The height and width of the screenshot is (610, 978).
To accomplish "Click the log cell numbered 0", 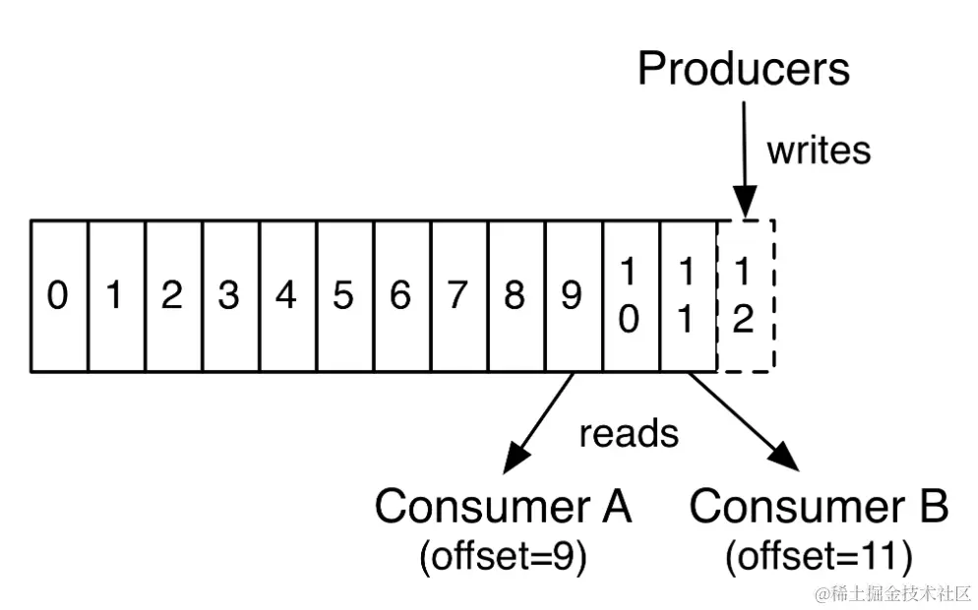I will (x=59, y=296).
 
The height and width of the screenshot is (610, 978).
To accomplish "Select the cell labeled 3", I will (x=230, y=296).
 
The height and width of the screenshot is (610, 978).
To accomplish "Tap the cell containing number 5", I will (x=344, y=296).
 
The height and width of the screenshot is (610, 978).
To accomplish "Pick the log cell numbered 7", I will (x=458, y=296).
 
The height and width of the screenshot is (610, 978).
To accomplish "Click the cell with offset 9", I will (x=573, y=296).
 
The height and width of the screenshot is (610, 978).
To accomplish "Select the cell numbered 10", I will (x=630, y=296).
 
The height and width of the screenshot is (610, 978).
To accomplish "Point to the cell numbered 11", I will (x=687, y=296).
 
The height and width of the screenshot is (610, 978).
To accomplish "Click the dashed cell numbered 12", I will (x=745, y=296).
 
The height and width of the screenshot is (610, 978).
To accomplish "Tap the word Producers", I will (x=744, y=70).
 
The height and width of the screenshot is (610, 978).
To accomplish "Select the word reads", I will (x=629, y=433).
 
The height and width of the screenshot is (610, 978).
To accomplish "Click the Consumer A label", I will (x=503, y=507).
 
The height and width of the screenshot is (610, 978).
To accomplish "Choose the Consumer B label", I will (x=819, y=507).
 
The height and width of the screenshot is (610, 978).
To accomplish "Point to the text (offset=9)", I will (x=503, y=558).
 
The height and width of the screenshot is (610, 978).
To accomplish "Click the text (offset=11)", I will (x=819, y=558).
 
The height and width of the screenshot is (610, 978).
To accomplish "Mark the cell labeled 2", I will (x=173, y=296).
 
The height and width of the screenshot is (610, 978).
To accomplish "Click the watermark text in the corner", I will (x=892, y=594).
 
